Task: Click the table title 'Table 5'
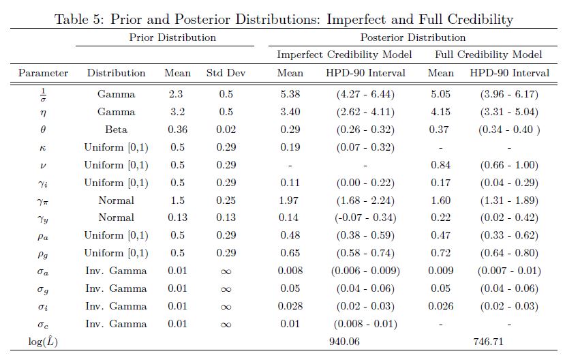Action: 283,19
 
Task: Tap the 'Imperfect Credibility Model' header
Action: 344,55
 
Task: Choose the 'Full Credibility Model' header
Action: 489,55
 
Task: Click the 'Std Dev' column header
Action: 226,73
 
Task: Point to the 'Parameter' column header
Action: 43,73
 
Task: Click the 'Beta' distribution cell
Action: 116,130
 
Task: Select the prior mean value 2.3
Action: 175,94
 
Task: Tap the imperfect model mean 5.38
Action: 290,94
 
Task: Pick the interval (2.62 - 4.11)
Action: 365,112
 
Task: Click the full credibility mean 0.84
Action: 440,165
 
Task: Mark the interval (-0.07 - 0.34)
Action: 365,217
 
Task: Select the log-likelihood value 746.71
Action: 488,342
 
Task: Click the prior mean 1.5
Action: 175,200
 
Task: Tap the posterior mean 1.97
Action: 290,200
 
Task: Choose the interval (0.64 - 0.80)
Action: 509,253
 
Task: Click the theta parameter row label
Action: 43,130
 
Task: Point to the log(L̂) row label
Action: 43,342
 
